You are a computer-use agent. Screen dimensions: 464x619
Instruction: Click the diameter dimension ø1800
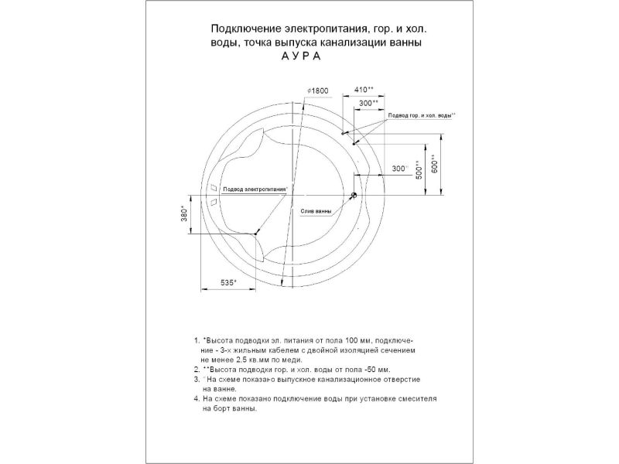(x=318, y=90)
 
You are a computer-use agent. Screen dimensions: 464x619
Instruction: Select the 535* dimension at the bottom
(x=228, y=283)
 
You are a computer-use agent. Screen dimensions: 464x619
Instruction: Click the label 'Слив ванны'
(x=316, y=210)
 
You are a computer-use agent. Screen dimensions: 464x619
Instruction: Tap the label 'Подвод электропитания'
(x=255, y=189)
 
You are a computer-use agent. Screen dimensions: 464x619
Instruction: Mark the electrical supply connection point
(x=257, y=232)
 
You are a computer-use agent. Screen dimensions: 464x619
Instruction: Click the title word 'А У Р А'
(x=294, y=57)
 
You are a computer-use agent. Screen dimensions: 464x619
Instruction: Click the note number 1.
(x=196, y=339)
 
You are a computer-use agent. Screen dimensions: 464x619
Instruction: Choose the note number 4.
(x=196, y=399)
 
